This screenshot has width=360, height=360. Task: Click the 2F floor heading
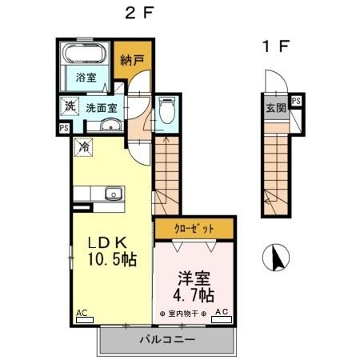[139, 13]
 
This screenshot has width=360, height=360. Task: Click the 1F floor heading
[276, 46]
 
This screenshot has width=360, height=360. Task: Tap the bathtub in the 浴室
[85, 54]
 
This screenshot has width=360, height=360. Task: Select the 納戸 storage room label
[132, 60]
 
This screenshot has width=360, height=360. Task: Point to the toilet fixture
[166, 110]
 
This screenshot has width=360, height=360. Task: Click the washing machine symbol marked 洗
[70, 106]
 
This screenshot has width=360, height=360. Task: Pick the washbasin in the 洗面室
[111, 126]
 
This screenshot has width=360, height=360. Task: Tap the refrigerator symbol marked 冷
[84, 147]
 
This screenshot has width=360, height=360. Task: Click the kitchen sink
[114, 193]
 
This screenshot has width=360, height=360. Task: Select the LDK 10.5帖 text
[112, 251]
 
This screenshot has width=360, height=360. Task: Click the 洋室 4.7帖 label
[194, 286]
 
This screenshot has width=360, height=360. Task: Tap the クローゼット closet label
[194, 229]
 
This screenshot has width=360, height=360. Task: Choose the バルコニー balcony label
[167, 340]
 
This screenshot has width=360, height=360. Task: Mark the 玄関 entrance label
[276, 108]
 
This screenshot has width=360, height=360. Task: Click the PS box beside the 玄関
[296, 101]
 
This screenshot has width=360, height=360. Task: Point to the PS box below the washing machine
[64, 128]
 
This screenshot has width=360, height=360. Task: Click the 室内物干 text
[183, 314]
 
